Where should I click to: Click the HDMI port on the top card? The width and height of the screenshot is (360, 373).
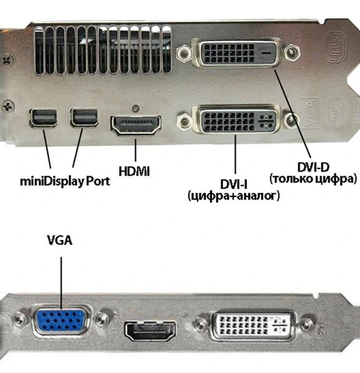pos(136,126)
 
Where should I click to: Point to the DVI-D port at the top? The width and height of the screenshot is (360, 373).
pos(233,54)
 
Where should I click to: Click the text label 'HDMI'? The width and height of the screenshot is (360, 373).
pos(133,170)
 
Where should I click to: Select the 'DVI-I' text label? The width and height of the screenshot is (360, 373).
pos(234,184)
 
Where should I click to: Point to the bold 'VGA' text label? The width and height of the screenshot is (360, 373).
pos(60,239)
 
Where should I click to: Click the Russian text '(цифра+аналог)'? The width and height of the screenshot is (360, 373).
pos(234,196)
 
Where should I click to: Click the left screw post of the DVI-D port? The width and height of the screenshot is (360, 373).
pos(183,54)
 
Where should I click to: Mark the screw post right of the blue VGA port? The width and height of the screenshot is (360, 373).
pos(102,324)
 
